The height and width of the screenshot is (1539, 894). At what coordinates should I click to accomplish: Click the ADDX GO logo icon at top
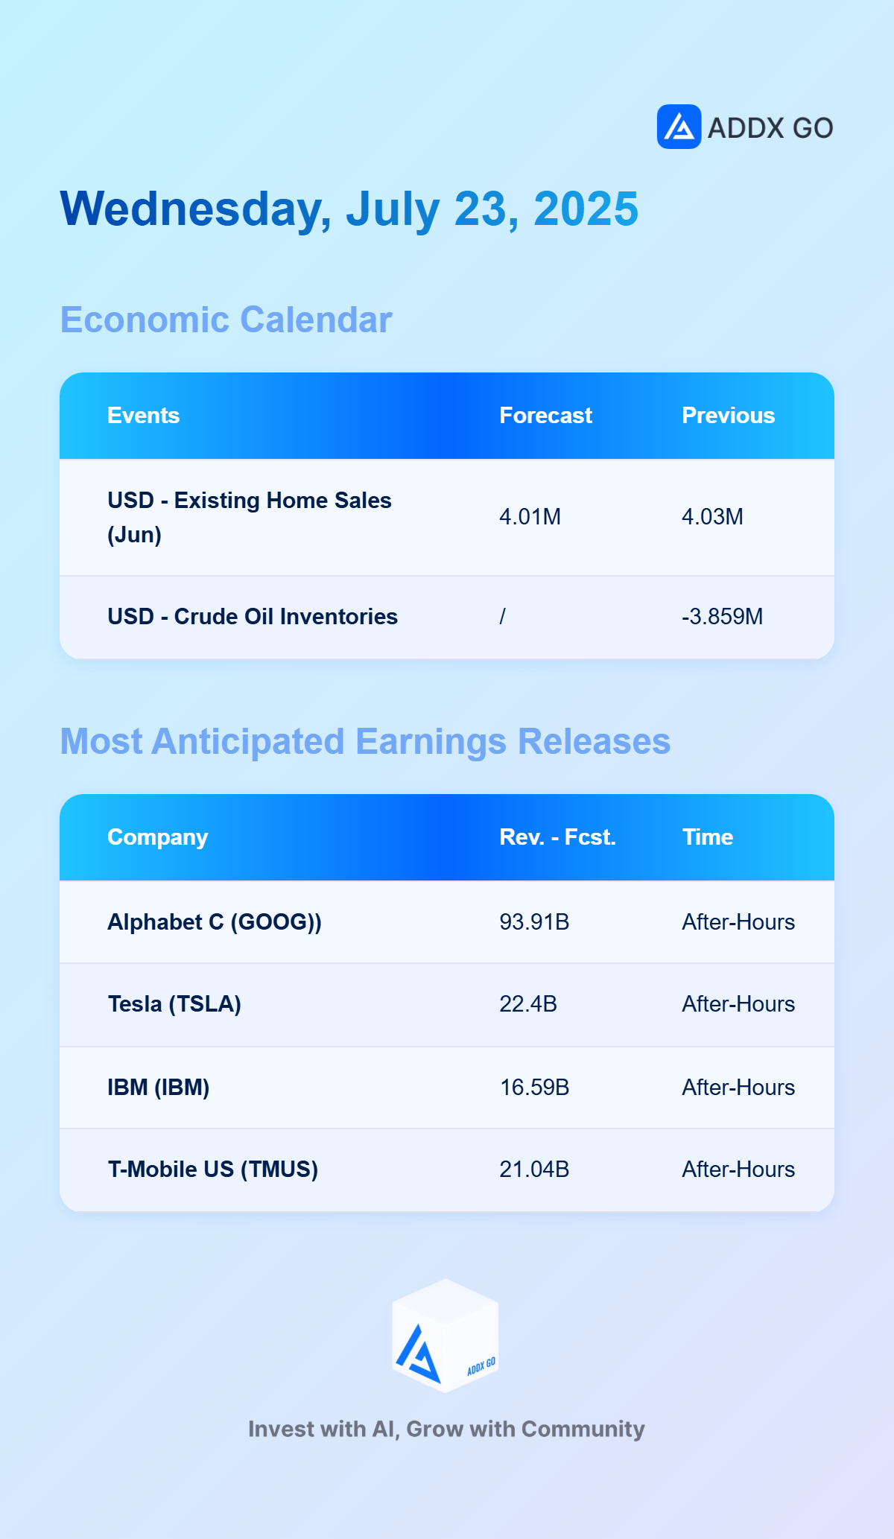pyautogui.click(x=679, y=127)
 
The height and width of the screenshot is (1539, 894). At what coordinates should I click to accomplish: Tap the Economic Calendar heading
pyautogui.click(x=226, y=320)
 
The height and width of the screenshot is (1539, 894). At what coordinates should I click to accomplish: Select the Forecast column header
pyautogui.click(x=545, y=416)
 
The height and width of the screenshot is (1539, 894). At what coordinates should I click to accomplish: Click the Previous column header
pyautogui.click(x=728, y=416)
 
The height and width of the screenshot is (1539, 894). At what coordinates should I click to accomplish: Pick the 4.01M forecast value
pyautogui.click(x=530, y=517)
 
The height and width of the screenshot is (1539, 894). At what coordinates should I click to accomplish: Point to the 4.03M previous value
pyautogui.click(x=712, y=517)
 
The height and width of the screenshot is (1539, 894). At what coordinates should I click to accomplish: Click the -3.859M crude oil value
pyautogui.click(x=722, y=617)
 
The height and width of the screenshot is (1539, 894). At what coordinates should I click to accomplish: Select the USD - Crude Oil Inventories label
pyautogui.click(x=253, y=617)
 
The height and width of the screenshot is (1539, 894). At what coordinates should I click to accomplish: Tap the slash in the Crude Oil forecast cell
pyautogui.click(x=503, y=617)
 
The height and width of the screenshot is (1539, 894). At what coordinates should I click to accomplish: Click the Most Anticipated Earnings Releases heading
pyautogui.click(x=365, y=741)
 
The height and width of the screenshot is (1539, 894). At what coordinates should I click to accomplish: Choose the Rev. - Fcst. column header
pyautogui.click(x=557, y=837)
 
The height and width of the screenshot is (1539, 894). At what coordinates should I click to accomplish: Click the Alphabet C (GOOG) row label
pyautogui.click(x=215, y=922)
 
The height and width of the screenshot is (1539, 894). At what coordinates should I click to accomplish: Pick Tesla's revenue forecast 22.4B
pyautogui.click(x=528, y=1004)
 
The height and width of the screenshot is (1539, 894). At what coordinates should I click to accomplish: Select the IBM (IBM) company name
pyautogui.click(x=159, y=1088)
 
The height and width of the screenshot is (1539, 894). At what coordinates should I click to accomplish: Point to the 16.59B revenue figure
pyautogui.click(x=534, y=1088)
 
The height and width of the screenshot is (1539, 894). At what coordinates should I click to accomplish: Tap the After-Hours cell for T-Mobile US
pyautogui.click(x=738, y=1170)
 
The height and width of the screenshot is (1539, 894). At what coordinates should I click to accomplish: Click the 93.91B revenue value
pyautogui.click(x=534, y=922)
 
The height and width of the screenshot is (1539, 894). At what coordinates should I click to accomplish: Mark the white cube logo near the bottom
pyautogui.click(x=446, y=1336)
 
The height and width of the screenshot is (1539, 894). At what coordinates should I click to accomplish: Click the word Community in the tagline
pyautogui.click(x=583, y=1429)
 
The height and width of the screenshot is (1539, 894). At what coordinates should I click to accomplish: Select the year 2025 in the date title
pyautogui.click(x=586, y=209)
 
